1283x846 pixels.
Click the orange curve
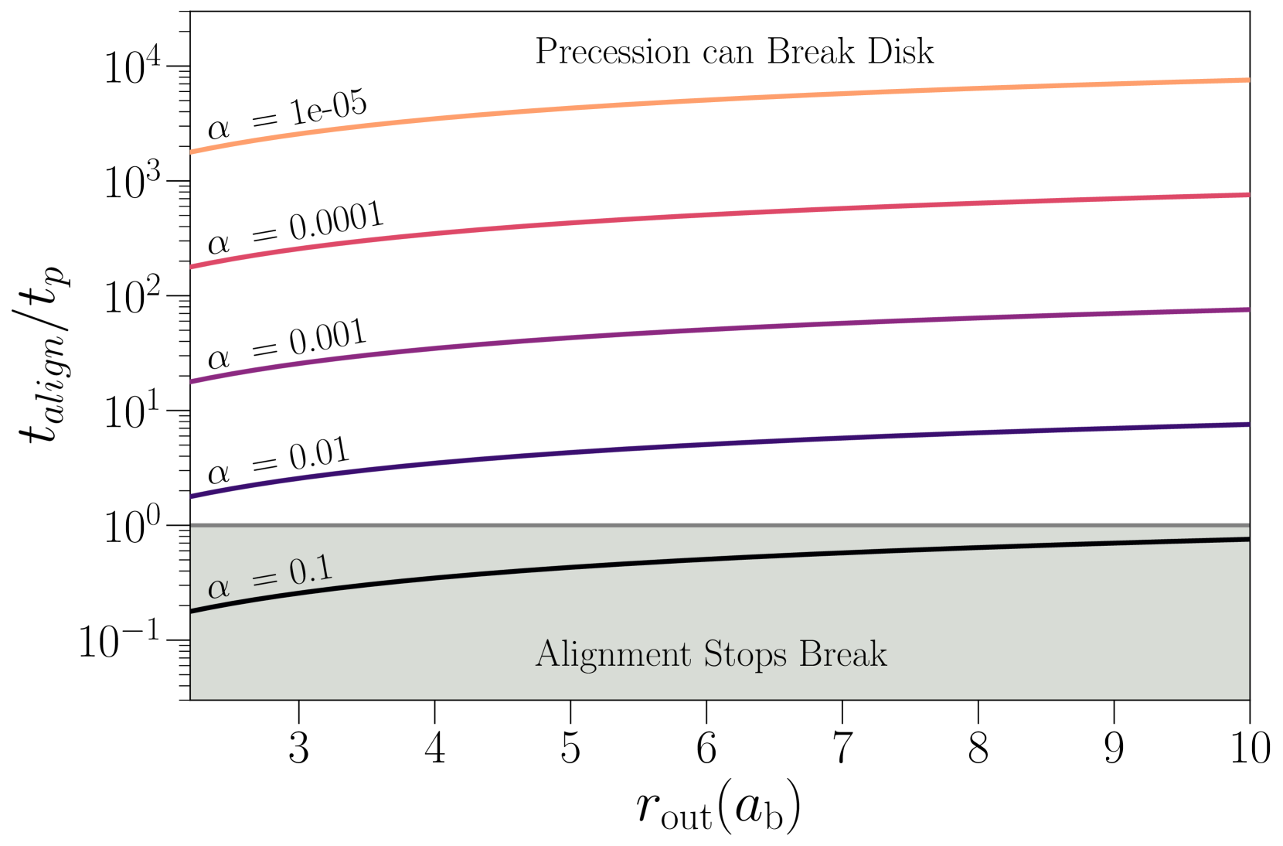(x=719, y=99)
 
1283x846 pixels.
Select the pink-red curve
(x=719, y=214)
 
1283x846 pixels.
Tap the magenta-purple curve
(x=719, y=329)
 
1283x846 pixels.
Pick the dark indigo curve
(x=719, y=443)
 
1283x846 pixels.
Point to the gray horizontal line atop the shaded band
(x=719, y=525)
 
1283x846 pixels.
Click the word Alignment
(x=613, y=654)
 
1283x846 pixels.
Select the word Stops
(x=745, y=654)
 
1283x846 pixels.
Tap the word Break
(x=842, y=654)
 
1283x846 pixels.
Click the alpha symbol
(x=219, y=588)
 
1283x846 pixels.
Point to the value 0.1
(x=311, y=571)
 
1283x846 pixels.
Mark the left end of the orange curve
(x=192, y=152)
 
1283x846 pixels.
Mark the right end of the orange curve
(x=1247, y=80)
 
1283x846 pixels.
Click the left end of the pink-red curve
(x=192, y=267)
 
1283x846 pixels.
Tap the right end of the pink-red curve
(x=1247, y=195)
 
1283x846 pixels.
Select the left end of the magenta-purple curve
(x=192, y=381)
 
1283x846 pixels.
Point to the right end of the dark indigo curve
(x=1247, y=425)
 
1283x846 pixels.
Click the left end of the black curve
(x=192, y=612)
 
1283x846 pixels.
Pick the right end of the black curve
(x=1247, y=539)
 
